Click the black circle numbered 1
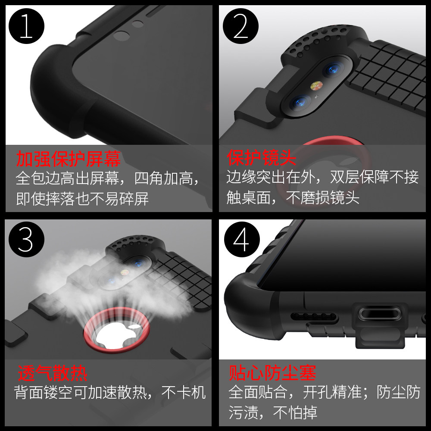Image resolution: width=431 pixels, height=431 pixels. pyautogui.click(x=26, y=26)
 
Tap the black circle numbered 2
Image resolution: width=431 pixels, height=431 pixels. pyautogui.click(x=240, y=26)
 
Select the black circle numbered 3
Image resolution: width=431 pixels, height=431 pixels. pyautogui.click(x=26, y=239)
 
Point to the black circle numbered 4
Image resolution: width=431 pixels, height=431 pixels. pyautogui.click(x=242, y=239)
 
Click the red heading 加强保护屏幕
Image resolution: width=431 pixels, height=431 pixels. pyautogui.click(x=69, y=159)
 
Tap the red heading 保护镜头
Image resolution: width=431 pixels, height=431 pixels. pyautogui.click(x=262, y=158)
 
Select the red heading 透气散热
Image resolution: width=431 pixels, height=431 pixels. pyautogui.click(x=53, y=373)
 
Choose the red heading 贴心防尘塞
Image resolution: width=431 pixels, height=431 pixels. pyautogui.click(x=272, y=373)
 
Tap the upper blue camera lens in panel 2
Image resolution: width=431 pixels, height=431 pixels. pyautogui.click(x=333, y=69)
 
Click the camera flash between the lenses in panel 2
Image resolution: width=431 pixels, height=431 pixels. pyautogui.click(x=316, y=86)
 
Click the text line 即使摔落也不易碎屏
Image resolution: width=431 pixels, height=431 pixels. pyautogui.click(x=82, y=198)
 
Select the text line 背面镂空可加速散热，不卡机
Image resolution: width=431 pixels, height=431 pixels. pyautogui.click(x=110, y=392)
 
